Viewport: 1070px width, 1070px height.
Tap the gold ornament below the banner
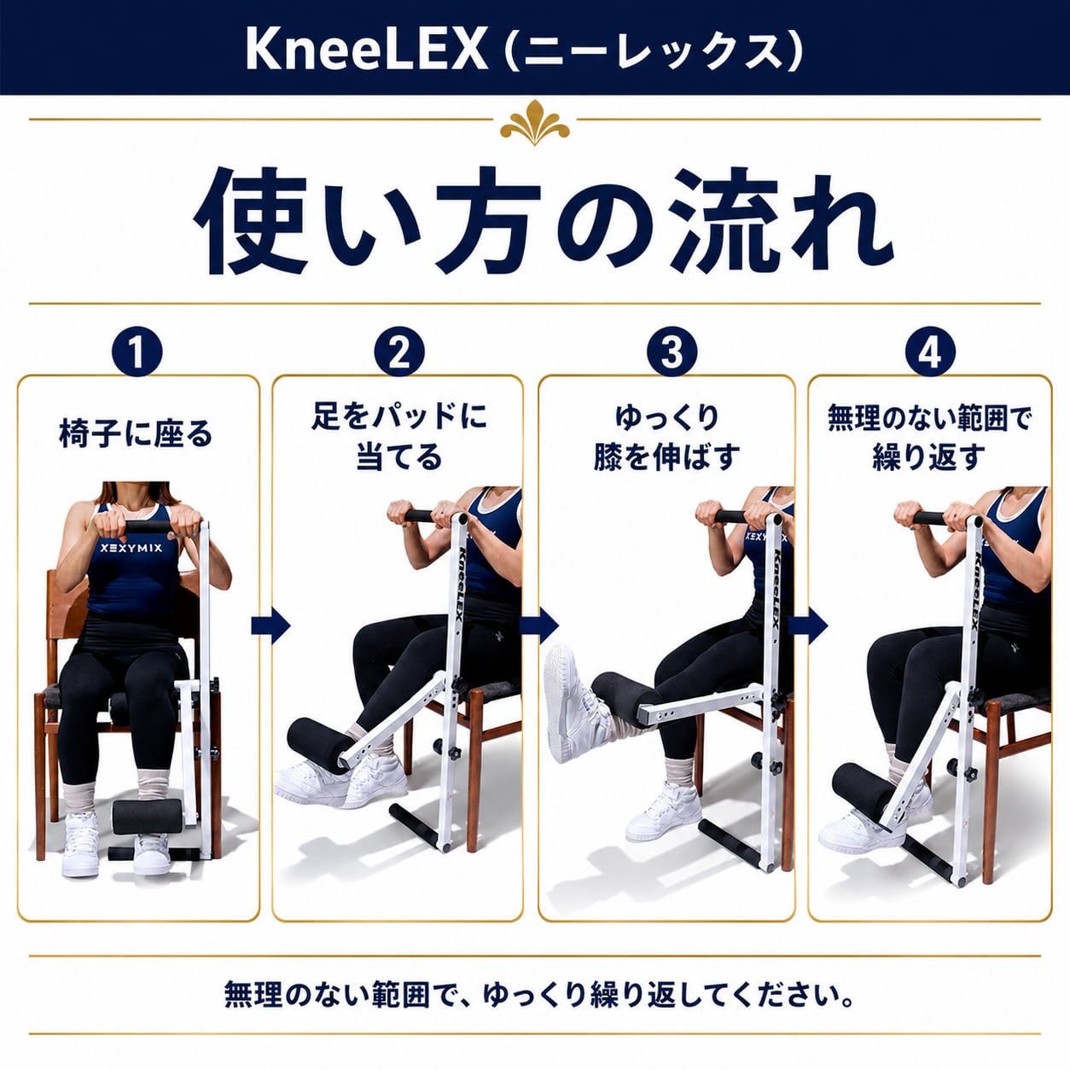click(535, 123)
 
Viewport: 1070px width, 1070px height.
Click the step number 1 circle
click(137, 352)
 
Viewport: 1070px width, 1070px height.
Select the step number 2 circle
click(398, 352)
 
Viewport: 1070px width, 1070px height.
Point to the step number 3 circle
click(672, 352)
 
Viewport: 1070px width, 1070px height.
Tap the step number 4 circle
click(930, 352)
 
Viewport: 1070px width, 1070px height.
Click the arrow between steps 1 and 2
click(270, 625)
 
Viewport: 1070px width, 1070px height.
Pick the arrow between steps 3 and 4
click(808, 625)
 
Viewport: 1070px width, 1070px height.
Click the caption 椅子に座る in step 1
click(136, 433)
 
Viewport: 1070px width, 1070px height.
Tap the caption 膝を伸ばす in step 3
click(667, 458)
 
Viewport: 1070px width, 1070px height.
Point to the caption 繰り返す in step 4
click(929, 458)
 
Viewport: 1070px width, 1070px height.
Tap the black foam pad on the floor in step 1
click(147, 817)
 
